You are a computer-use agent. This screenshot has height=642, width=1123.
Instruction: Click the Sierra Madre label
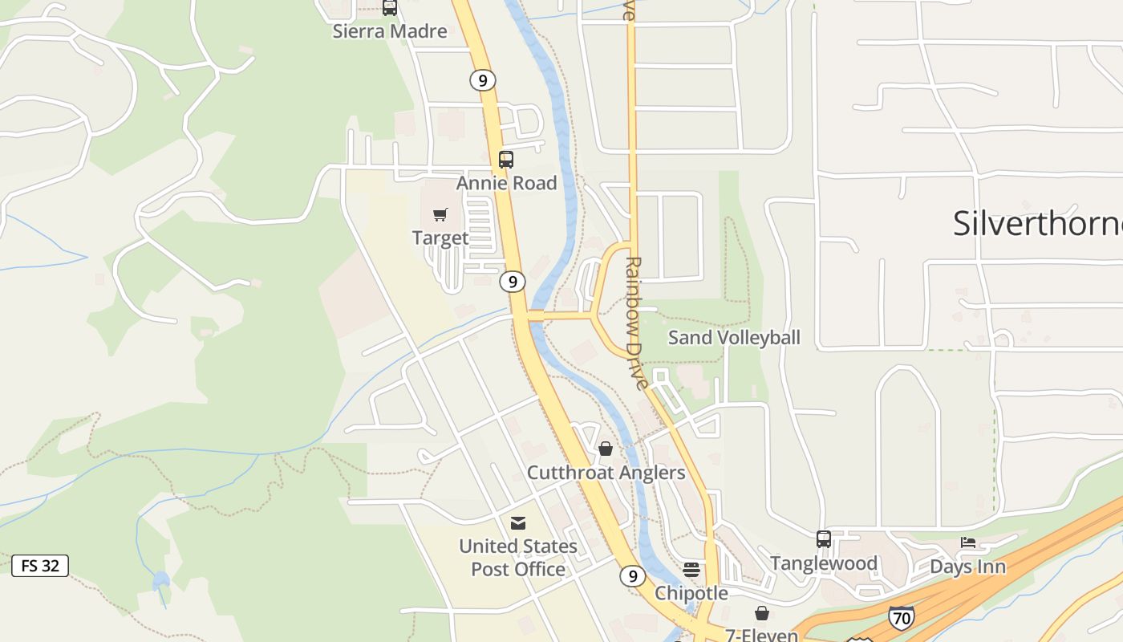pos(390,31)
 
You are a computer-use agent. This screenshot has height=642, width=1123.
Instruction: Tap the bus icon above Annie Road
pos(505,159)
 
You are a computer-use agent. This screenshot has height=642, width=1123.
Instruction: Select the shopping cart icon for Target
pos(440,214)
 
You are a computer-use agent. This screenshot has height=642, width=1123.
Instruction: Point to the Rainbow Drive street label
pos(636,323)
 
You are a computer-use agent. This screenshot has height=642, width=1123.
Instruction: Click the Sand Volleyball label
pos(734,337)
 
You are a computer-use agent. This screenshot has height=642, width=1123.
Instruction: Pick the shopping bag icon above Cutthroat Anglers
pos(606,449)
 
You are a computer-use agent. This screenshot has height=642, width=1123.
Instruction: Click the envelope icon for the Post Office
pos(518,523)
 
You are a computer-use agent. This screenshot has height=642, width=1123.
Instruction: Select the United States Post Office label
pos(518,557)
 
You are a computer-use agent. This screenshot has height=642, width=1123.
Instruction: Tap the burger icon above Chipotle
pos(691,570)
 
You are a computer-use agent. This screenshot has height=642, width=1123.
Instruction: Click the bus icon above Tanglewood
pos(823,539)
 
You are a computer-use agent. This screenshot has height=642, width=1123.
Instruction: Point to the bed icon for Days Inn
pos(968,542)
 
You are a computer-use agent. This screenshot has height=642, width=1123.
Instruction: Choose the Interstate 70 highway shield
pos(901,617)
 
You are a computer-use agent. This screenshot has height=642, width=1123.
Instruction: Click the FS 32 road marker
pos(40,565)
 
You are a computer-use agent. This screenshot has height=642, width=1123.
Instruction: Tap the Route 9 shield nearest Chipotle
pos(632,576)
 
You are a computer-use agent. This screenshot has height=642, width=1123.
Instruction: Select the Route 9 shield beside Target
pos(512,282)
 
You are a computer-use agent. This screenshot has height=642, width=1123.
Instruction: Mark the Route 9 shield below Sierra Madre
pos(482,80)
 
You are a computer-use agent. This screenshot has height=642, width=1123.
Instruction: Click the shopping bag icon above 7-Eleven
pos(762,613)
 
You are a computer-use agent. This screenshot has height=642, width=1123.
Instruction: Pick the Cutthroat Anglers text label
pos(606,473)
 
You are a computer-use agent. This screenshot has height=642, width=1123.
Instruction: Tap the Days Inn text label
pos(967,567)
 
